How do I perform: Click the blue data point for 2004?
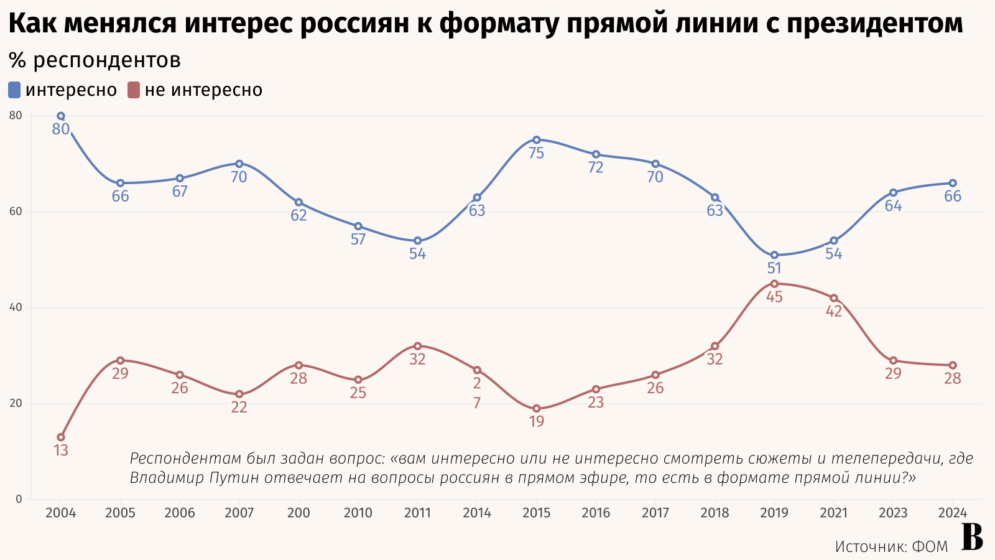click(x=61, y=116)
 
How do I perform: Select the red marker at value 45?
click(x=774, y=284)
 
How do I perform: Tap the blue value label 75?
click(x=536, y=153)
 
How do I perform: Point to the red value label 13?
click(x=61, y=450)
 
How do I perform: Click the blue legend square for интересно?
click(x=14, y=90)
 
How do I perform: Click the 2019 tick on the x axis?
click(x=774, y=513)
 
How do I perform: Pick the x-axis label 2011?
click(x=417, y=513)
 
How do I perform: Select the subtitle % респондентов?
click(x=95, y=60)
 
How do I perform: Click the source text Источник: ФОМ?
click(x=891, y=546)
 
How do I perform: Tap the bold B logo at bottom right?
click(x=971, y=538)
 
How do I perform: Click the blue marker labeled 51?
click(x=774, y=255)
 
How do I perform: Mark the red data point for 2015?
click(x=536, y=409)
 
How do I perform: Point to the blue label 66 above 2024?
click(x=953, y=197)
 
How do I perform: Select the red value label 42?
click(x=833, y=311)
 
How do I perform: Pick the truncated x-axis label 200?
click(x=298, y=513)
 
